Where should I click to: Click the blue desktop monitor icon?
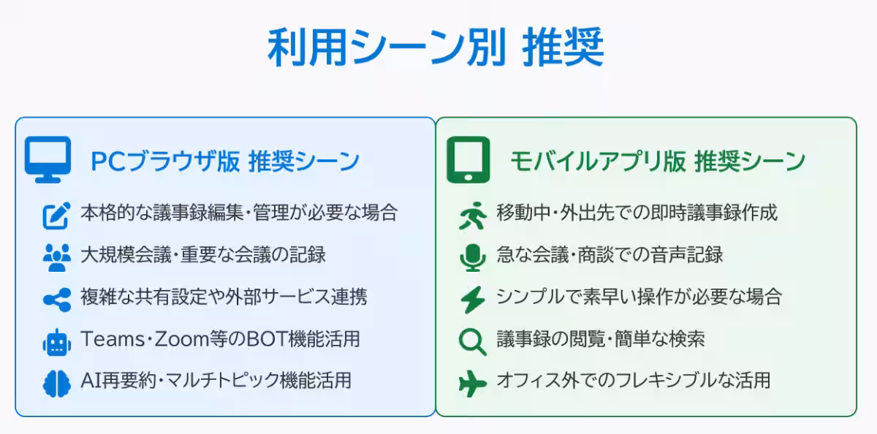pyautogui.click(x=48, y=159)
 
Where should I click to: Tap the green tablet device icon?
pyautogui.click(x=468, y=159)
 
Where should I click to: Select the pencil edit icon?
pyautogui.click(x=56, y=215)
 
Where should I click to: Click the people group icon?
pyautogui.click(x=56, y=256)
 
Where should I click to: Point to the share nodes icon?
pyautogui.click(x=56, y=299)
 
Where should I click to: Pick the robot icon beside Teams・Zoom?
pyautogui.click(x=56, y=341)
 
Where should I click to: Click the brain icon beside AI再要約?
pyautogui.click(x=56, y=383)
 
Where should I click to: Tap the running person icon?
pyautogui.click(x=472, y=215)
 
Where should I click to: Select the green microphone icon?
pyautogui.click(x=472, y=256)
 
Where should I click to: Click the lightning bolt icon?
pyautogui.click(x=472, y=299)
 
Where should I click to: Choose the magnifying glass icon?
pyautogui.click(x=472, y=341)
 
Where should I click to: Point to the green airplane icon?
pyautogui.click(x=472, y=383)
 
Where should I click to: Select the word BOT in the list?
pyautogui.click(x=246, y=339)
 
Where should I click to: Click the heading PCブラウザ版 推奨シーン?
pyautogui.click(x=225, y=161)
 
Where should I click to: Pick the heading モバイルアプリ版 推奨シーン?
pyautogui.click(x=657, y=161)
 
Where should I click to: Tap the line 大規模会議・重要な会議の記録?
pyautogui.click(x=203, y=255)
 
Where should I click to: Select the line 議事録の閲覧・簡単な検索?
pyautogui.click(x=600, y=339)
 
